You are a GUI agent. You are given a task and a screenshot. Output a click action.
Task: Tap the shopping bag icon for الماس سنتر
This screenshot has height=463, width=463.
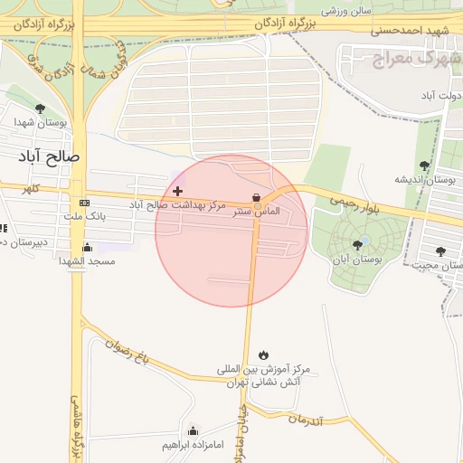click(257, 197)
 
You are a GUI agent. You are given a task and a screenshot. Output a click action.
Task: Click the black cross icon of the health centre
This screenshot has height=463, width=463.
click(177, 191)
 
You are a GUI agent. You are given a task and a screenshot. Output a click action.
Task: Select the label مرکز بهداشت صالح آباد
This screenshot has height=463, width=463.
click(177, 206)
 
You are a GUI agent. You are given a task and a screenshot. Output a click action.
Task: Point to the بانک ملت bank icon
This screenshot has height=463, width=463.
click(85, 203)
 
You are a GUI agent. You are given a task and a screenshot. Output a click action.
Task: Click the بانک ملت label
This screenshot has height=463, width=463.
click(87, 217)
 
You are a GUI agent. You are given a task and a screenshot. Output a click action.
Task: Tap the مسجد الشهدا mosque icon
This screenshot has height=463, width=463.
click(87, 247)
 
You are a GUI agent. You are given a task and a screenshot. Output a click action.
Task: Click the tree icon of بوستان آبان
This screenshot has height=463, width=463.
click(358, 243)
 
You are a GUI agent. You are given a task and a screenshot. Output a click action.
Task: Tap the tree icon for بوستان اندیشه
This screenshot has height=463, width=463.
click(425, 165)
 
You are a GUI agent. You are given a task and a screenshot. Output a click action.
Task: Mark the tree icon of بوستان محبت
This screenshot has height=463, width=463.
click(440, 251)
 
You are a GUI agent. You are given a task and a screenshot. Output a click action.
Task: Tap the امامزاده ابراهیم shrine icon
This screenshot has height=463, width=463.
click(193, 430)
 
